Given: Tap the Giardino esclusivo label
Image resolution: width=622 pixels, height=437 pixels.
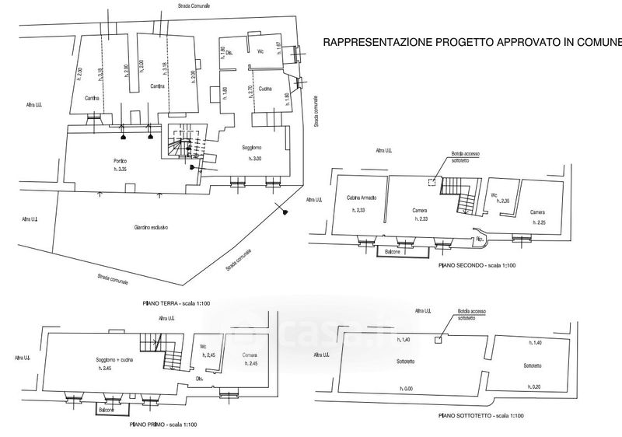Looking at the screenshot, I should coord(151,227).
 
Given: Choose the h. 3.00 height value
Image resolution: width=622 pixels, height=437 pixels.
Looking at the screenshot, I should coord(256,159).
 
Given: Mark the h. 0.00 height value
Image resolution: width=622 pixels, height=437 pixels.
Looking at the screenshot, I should coord(406,388).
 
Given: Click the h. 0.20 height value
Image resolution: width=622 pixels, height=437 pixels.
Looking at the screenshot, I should coord(532,388).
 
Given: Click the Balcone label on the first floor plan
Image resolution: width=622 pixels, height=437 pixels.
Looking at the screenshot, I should coord(107,407).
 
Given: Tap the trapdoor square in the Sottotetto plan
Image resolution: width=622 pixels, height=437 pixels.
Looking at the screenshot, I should coord(439,339).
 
